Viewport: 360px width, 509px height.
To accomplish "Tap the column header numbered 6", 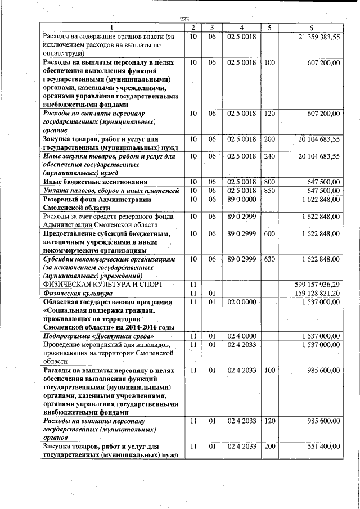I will [311, 28].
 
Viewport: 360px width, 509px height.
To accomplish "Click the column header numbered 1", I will [111, 28].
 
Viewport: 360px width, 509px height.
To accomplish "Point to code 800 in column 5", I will [269, 182].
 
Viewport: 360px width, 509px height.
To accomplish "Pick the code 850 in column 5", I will [269, 191].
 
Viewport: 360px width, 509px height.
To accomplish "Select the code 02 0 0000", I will [242, 303].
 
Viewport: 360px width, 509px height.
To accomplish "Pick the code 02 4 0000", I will [242, 336].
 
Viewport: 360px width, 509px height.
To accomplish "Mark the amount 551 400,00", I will [321, 447].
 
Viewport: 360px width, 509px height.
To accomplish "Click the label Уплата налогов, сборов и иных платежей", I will [111, 191].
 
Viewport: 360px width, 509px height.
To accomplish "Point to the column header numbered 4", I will [241, 28].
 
